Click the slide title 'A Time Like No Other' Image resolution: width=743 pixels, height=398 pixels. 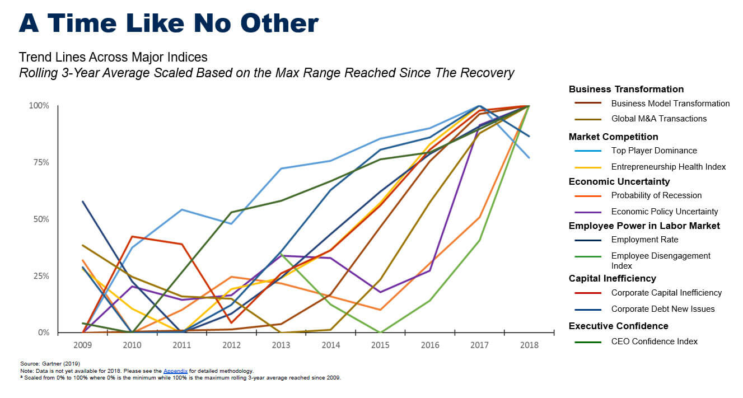click(169, 24)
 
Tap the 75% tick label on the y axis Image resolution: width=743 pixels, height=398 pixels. click(39, 162)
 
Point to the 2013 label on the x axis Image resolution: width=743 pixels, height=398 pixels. click(281, 345)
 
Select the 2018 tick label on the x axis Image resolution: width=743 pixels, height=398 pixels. click(529, 345)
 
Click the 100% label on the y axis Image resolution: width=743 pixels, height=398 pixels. click(38, 106)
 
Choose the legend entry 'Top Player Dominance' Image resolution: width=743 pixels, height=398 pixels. click(654, 151)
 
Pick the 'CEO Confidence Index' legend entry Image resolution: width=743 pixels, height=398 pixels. click(654, 341)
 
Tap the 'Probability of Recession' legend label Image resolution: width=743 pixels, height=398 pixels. click(656, 195)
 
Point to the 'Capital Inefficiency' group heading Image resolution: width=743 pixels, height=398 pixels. click(612, 278)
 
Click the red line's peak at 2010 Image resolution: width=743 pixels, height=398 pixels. click(132, 236)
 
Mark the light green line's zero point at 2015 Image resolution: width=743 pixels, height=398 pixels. click(381, 333)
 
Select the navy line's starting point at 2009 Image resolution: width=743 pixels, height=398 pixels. click(83, 202)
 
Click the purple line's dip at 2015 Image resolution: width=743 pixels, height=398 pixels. click(381, 292)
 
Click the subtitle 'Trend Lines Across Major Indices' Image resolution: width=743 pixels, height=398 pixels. click(113, 57)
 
